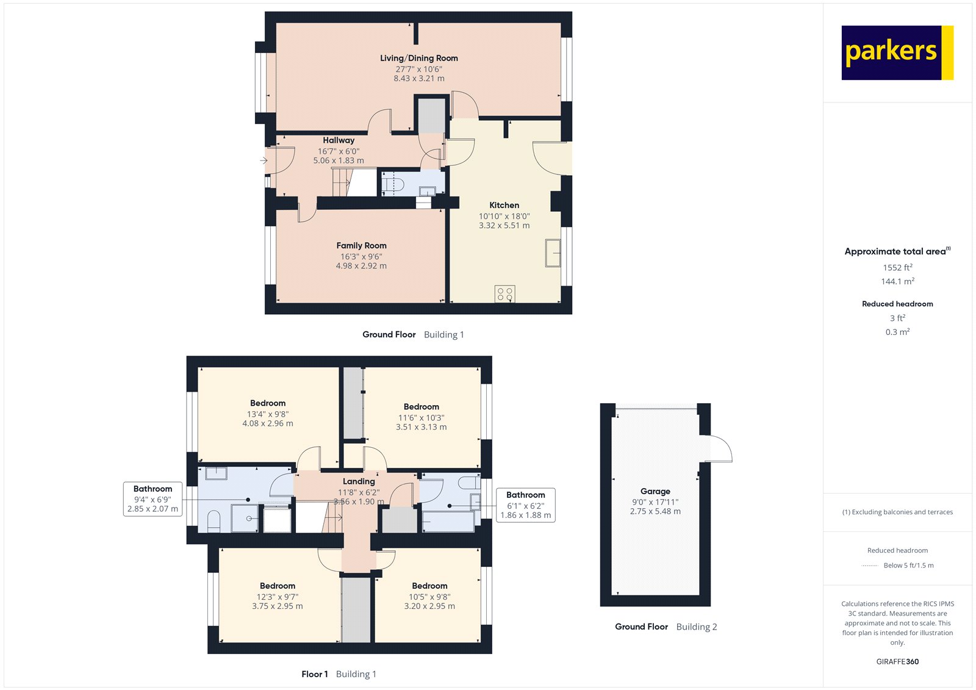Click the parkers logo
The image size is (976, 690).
(x=897, y=52)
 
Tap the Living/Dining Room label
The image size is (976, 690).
(x=418, y=58)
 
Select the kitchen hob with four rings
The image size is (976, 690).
(x=504, y=294)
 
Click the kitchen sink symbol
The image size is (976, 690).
(x=553, y=253)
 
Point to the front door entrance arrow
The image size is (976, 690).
(x=264, y=160)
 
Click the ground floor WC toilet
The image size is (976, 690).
(x=393, y=183)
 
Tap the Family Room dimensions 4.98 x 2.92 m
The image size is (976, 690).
(x=361, y=266)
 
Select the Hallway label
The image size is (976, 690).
(x=339, y=140)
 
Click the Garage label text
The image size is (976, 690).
(x=655, y=491)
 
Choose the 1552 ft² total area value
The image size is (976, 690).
(x=897, y=267)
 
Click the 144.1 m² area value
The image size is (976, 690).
(x=897, y=281)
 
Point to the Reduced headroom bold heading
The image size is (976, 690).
(x=897, y=304)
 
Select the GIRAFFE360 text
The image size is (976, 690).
(x=897, y=661)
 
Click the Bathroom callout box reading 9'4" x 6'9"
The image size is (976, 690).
(x=152, y=498)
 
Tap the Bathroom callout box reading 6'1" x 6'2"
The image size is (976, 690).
(x=525, y=505)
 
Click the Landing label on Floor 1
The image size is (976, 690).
(x=359, y=481)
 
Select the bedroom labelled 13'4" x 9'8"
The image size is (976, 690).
(x=268, y=413)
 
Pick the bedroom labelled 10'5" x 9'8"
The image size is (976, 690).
(x=429, y=596)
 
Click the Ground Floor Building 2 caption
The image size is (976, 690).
(x=666, y=627)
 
